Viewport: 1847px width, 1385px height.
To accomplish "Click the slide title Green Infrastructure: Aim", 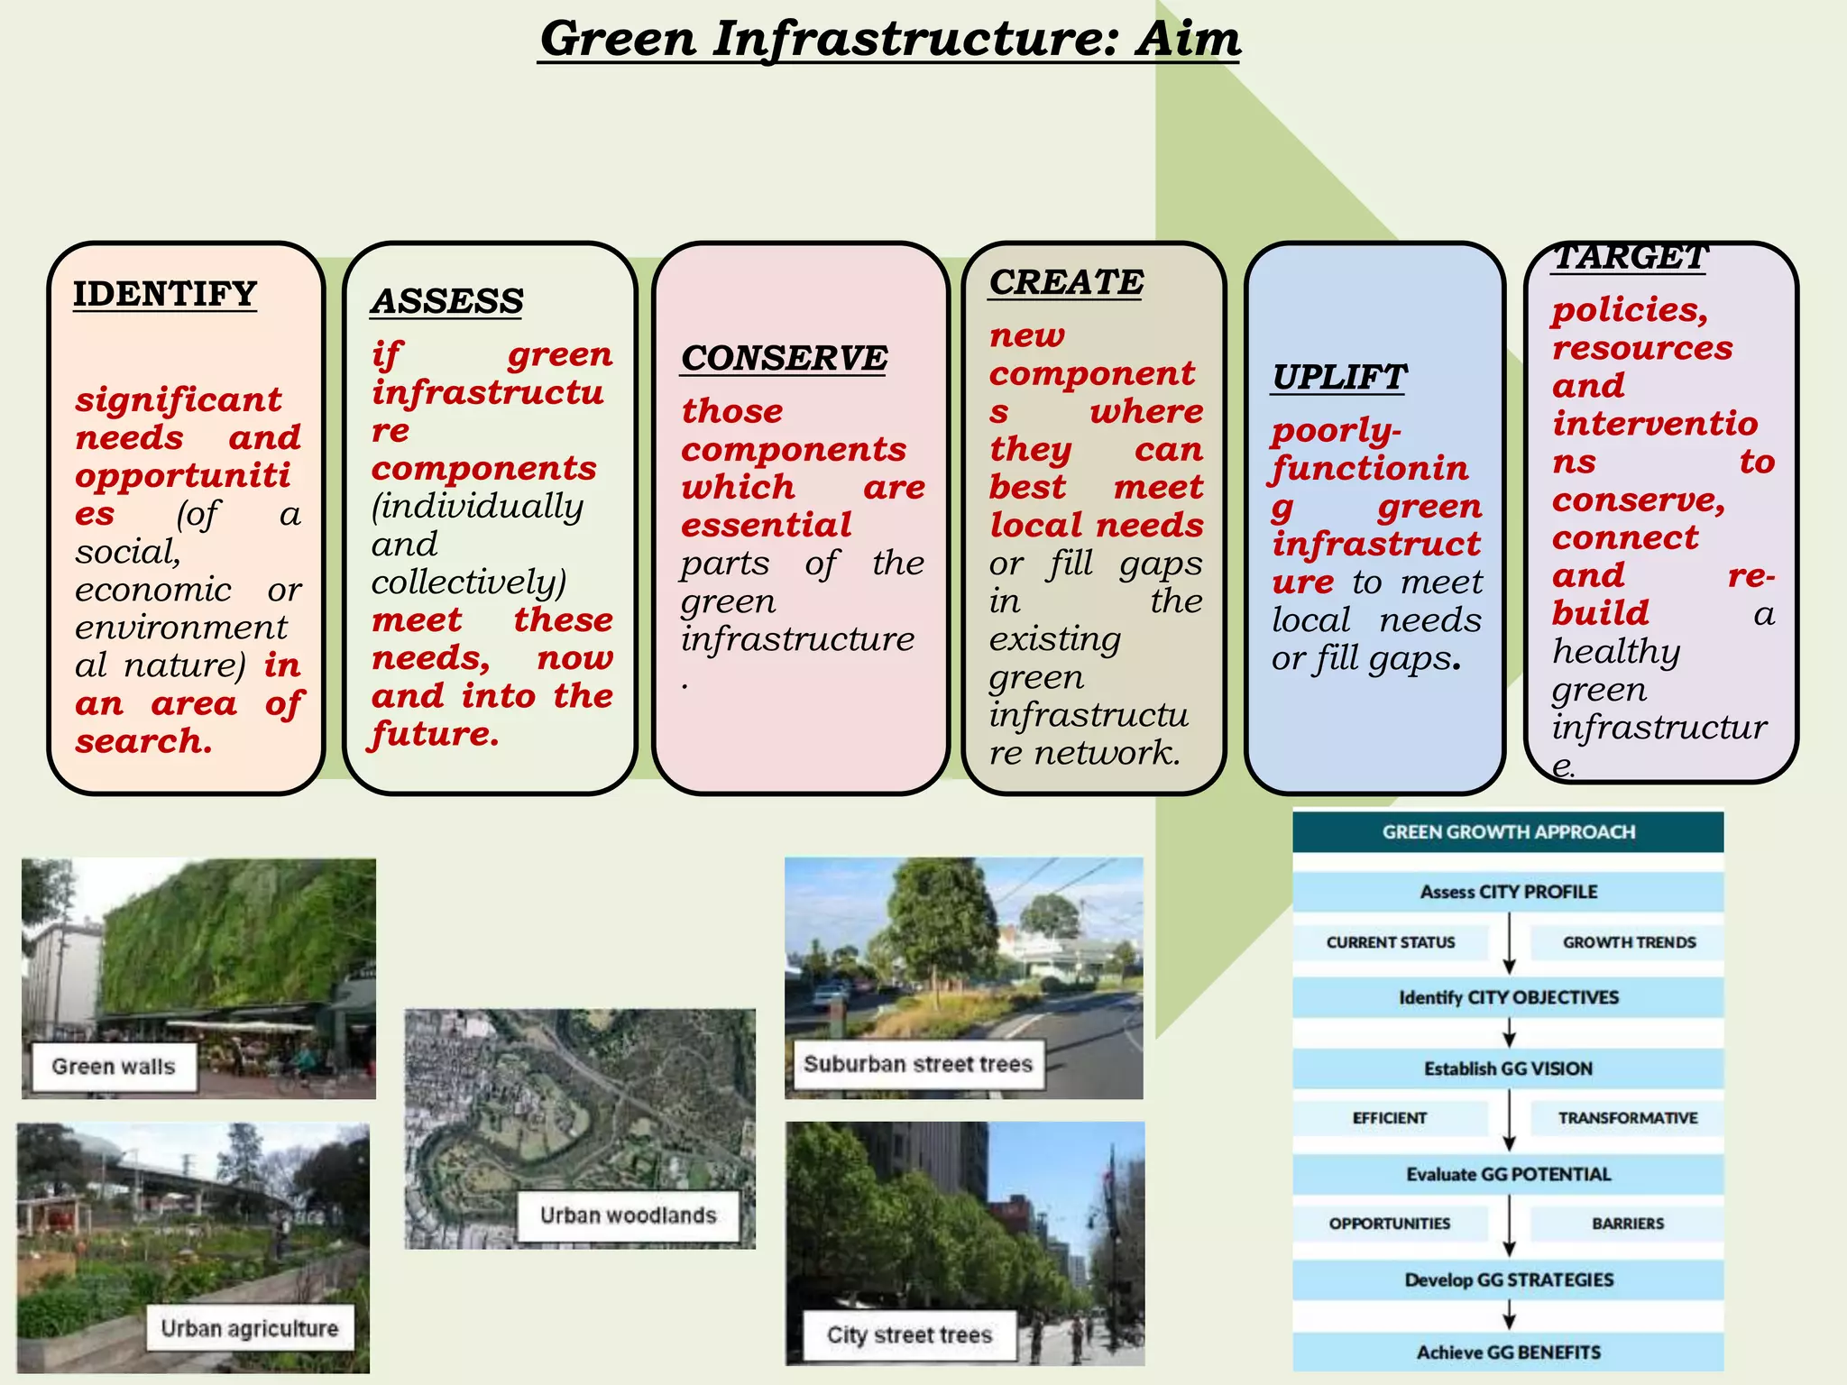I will click(x=889, y=40).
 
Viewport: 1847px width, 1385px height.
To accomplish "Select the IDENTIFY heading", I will click(x=165, y=294).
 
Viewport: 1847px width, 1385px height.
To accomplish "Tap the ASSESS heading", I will click(x=446, y=301).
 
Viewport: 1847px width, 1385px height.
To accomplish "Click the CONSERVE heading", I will click(x=784, y=358).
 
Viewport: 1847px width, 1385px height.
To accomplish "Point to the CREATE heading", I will click(x=1066, y=282).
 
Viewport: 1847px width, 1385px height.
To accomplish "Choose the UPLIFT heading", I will click(x=1338, y=377).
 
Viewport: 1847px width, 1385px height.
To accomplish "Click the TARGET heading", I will click(x=1630, y=258).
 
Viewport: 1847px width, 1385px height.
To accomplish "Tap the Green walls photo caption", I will click(x=114, y=1067).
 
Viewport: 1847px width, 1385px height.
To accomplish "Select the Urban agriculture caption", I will click(x=249, y=1328).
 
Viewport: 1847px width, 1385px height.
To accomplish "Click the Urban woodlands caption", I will click(x=628, y=1215).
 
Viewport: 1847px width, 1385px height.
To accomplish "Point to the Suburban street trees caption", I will click(x=917, y=1064).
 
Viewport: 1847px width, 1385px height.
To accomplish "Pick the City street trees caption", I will click(x=909, y=1335).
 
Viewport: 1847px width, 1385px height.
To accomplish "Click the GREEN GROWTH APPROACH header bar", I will click(x=1508, y=831).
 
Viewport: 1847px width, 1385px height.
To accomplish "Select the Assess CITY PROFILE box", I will click(x=1508, y=892).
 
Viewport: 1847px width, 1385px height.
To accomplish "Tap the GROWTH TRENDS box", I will click(x=1629, y=942).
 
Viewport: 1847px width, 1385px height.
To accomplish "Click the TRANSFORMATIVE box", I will click(x=1627, y=1118).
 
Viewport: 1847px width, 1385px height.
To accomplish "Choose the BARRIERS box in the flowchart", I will click(x=1627, y=1224).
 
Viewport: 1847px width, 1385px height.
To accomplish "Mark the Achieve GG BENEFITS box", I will click(x=1508, y=1353).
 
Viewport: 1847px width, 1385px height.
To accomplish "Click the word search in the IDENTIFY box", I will click(x=143, y=741).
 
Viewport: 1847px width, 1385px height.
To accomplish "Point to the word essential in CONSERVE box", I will click(x=766, y=525).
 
